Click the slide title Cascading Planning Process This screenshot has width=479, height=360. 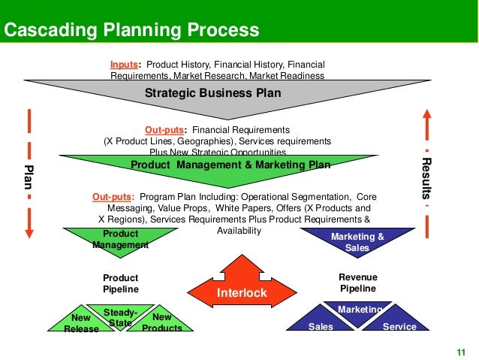pos(132,31)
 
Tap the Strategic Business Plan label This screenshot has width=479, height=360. pos(212,94)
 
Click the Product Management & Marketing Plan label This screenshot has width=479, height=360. pos(230,165)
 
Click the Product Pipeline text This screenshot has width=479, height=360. pos(121,283)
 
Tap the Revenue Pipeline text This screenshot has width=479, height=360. pos(357,283)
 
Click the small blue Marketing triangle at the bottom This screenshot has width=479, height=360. pos(360,311)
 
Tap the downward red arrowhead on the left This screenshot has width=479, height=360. pos(29,231)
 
